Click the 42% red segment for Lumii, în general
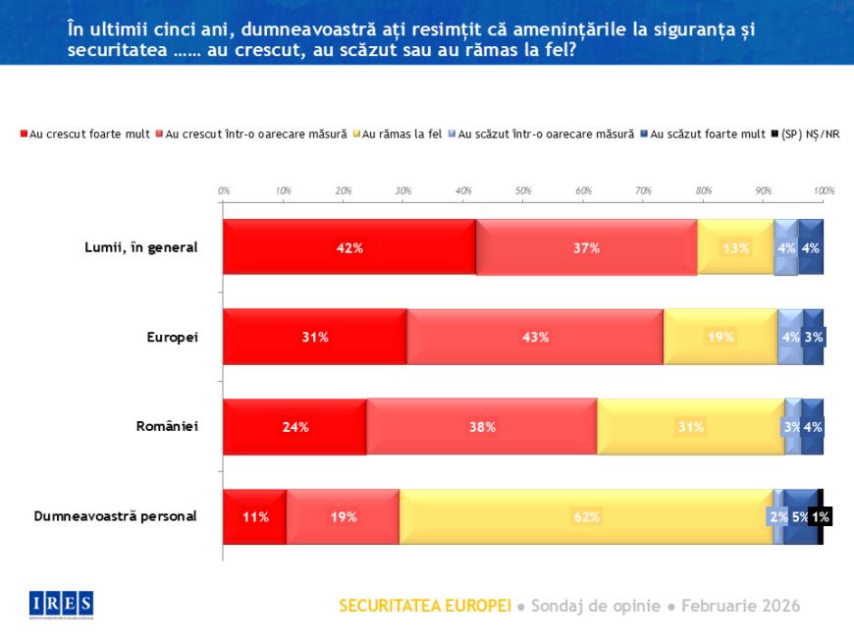pyautogui.click(x=348, y=247)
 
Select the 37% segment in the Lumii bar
pyautogui.click(x=586, y=247)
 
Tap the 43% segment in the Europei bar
pyautogui.click(x=535, y=337)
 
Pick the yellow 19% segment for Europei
pyautogui.click(x=721, y=337)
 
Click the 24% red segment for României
pyautogui.click(x=294, y=427)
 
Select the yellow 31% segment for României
pyautogui.click(x=691, y=427)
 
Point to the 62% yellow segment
pyautogui.click(x=586, y=516)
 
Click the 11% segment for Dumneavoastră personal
pyautogui.click(x=254, y=516)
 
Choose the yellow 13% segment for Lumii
pyautogui.click(x=736, y=247)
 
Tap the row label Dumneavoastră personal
pyautogui.click(x=116, y=516)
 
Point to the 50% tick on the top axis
pyautogui.click(x=523, y=189)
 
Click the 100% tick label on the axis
pyautogui.click(x=823, y=189)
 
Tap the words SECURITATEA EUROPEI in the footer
pyautogui.click(x=424, y=606)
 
